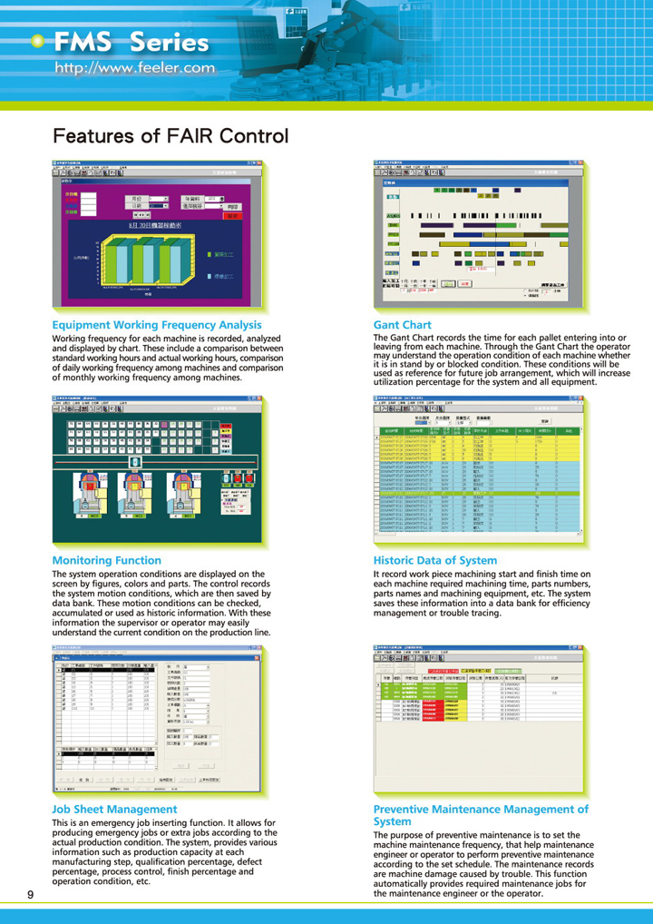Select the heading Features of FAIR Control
[171, 137]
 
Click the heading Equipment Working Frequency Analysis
[150, 324]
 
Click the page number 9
[31, 897]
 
